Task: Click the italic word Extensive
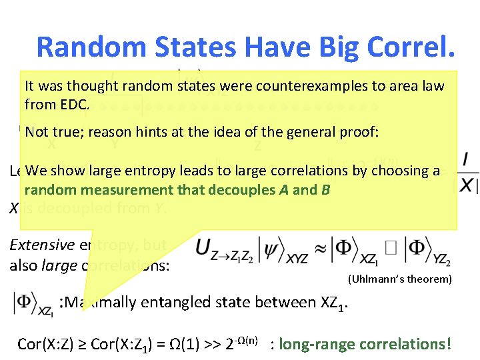[x=41, y=245]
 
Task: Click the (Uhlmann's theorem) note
[x=398, y=279]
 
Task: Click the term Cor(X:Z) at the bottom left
[x=46, y=344]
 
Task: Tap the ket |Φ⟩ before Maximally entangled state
[x=33, y=303]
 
